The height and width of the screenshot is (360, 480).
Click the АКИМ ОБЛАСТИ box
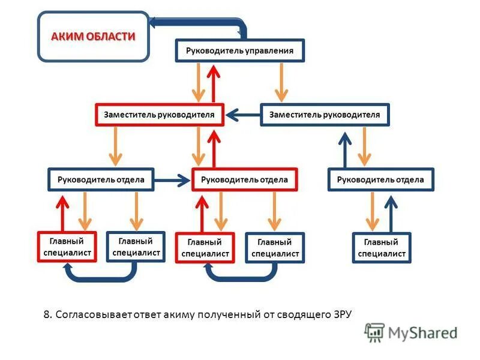(x=94, y=37)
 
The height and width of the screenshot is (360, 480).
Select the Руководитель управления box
(x=240, y=51)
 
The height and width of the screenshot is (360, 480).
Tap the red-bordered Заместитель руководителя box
(x=159, y=114)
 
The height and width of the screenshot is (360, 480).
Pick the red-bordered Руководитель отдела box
(x=244, y=179)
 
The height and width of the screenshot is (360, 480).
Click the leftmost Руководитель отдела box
(x=100, y=179)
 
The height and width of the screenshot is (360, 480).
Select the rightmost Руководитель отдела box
(x=380, y=179)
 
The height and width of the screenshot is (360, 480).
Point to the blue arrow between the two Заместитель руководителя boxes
(x=242, y=114)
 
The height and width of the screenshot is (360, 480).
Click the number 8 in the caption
(x=47, y=314)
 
